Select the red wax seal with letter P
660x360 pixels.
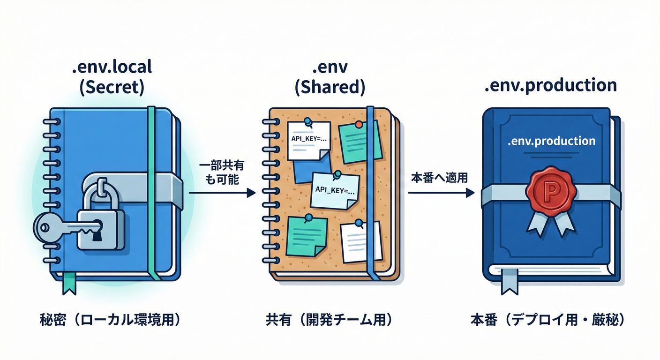551,190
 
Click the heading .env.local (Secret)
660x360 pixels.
112,77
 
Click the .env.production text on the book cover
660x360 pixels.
551,141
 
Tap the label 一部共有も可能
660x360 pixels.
220,172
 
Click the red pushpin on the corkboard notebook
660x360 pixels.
359,125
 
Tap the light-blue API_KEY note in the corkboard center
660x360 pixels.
335,190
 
